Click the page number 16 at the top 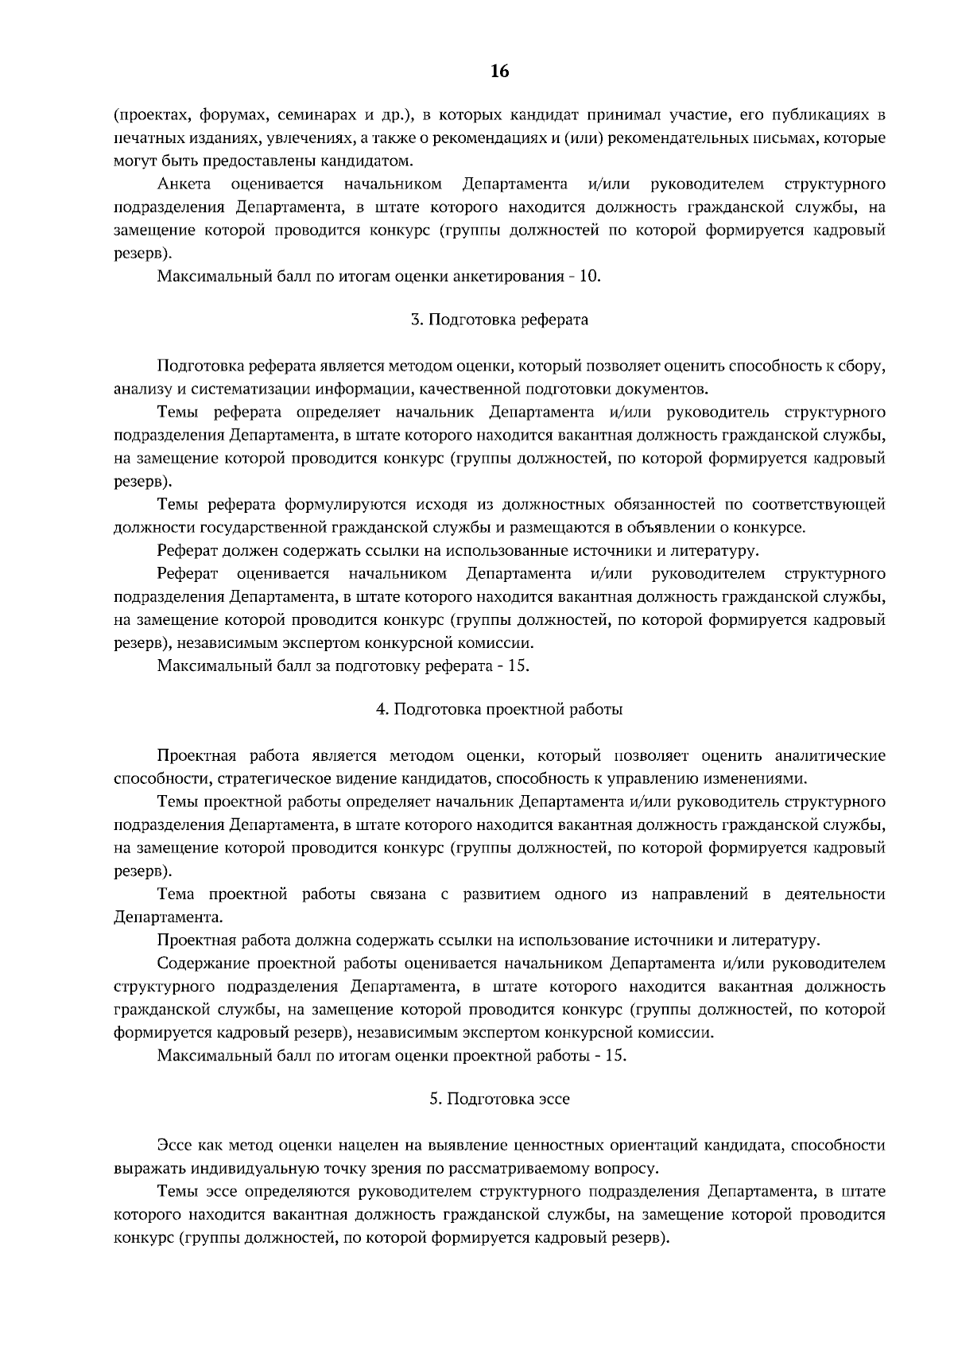pyautogui.click(x=499, y=72)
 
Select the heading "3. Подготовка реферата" pyautogui.click(x=499, y=320)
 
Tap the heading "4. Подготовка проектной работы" pyautogui.click(x=499, y=709)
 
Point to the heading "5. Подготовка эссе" pyautogui.click(x=499, y=1099)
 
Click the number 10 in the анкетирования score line pyautogui.click(x=590, y=277)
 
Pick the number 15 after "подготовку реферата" pyautogui.click(x=518, y=665)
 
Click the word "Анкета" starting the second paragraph pyautogui.click(x=184, y=184)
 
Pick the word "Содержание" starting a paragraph pyautogui.click(x=203, y=964)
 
